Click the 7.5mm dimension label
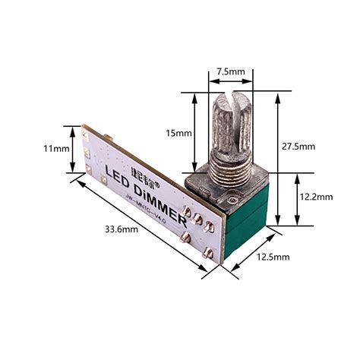point(231,71)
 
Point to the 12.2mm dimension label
point(316,197)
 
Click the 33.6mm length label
point(120,229)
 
